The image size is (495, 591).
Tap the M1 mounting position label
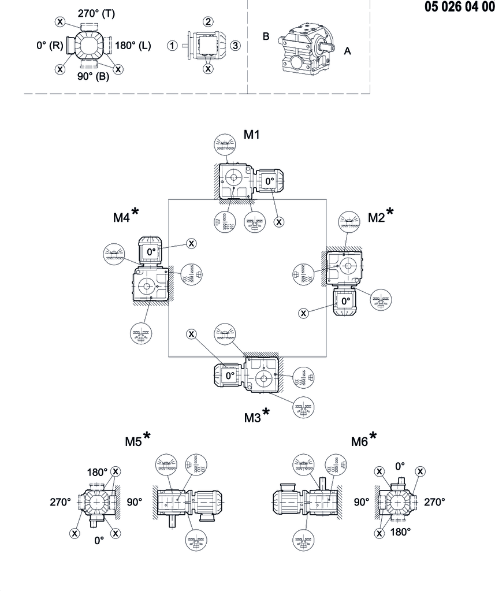[x=251, y=135]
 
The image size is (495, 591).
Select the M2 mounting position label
[x=376, y=217]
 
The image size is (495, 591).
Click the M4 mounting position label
[x=121, y=218]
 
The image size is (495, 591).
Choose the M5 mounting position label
[x=133, y=442]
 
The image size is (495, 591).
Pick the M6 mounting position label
[x=359, y=442]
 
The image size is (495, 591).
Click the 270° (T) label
[x=96, y=13]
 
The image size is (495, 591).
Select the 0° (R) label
[x=49, y=45]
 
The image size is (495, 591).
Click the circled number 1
[x=172, y=46]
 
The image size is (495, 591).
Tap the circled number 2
[x=208, y=22]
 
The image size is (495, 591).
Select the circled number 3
[x=235, y=46]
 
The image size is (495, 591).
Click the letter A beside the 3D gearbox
[x=347, y=51]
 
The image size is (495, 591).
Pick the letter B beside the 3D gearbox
[x=266, y=36]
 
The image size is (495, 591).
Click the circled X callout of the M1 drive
[x=280, y=221]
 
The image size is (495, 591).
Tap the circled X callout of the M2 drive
[x=304, y=313]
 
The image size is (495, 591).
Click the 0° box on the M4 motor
[x=151, y=252]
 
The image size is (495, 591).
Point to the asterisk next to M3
[x=266, y=411]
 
